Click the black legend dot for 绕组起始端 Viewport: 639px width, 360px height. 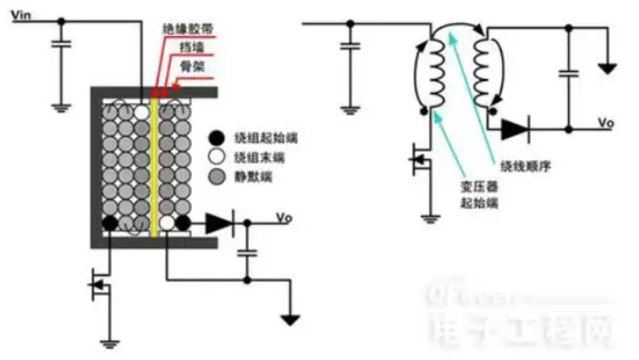(215, 137)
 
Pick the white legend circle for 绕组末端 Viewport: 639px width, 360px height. (215, 158)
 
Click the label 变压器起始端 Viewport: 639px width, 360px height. (481, 195)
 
